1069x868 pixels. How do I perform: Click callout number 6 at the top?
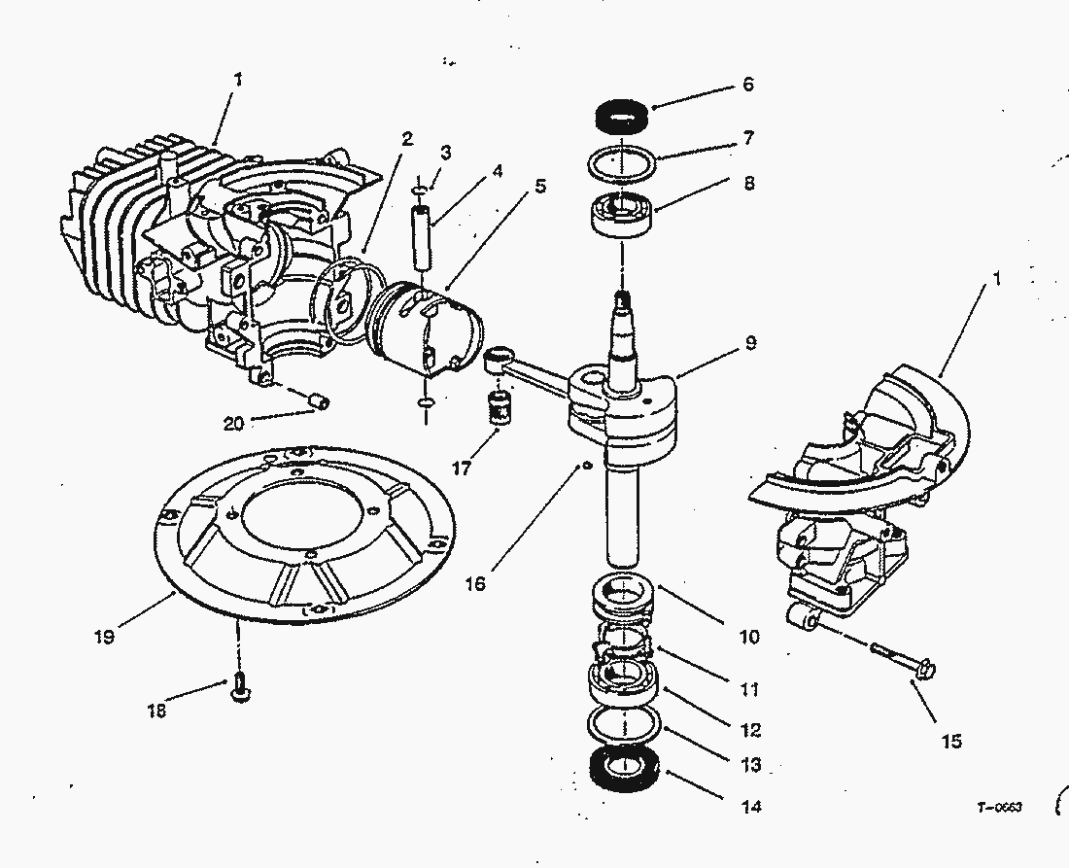pyautogui.click(x=747, y=85)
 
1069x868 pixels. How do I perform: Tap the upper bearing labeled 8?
pyautogui.click(x=621, y=212)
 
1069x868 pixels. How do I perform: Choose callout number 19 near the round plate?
pyautogui.click(x=105, y=638)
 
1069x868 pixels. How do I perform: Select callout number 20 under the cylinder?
pyautogui.click(x=233, y=423)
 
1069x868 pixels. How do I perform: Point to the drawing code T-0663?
pyautogui.click(x=1000, y=807)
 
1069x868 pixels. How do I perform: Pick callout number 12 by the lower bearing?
pyautogui.click(x=749, y=730)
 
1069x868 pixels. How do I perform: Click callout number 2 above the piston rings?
pyautogui.click(x=407, y=139)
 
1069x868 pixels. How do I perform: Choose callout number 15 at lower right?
pyautogui.click(x=951, y=741)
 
